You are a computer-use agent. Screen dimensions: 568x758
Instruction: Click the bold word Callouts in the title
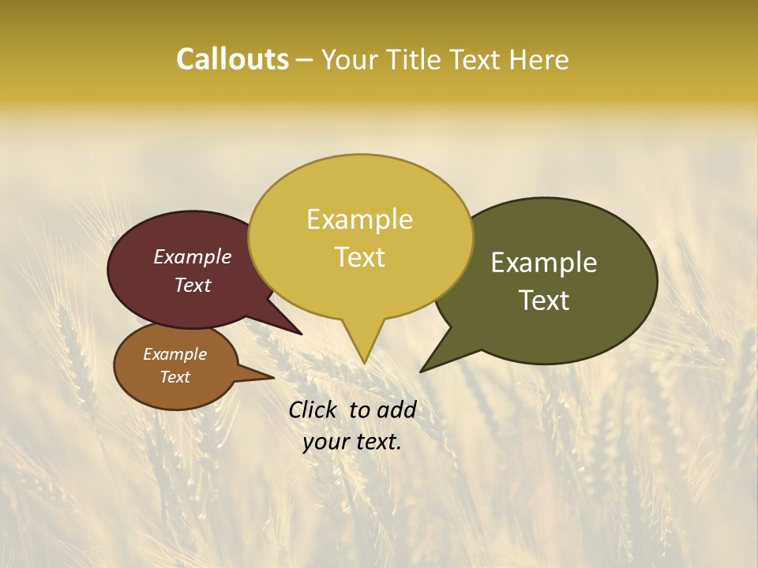click(232, 60)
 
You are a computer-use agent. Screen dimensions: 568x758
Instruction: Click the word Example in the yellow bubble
click(359, 219)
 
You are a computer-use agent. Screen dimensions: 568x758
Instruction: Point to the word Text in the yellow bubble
click(359, 257)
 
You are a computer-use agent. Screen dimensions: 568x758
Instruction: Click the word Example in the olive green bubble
click(544, 263)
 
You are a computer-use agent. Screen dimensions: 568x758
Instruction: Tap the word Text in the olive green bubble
click(544, 301)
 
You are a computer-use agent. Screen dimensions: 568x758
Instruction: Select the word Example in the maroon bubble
click(193, 257)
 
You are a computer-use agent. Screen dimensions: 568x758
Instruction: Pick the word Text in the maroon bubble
click(193, 286)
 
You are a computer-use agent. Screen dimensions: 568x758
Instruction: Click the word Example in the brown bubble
click(174, 354)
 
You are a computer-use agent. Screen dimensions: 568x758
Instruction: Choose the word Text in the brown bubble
click(174, 377)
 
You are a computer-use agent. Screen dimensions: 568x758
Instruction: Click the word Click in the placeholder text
click(314, 409)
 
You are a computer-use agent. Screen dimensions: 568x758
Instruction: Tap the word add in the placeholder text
click(398, 409)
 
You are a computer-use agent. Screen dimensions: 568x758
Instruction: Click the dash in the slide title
click(305, 60)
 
